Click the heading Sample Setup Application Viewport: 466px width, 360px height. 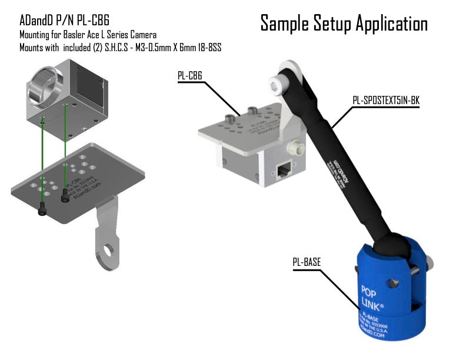pyautogui.click(x=344, y=24)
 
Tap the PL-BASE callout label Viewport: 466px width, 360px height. pyautogui.click(x=307, y=262)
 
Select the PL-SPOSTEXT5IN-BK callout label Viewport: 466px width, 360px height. pyautogui.click(x=385, y=100)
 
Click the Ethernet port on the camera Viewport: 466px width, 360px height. pyautogui.click(x=285, y=169)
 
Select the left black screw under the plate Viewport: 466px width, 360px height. pyautogui.click(x=42, y=208)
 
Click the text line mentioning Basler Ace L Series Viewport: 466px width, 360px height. pyautogui.click(x=88, y=35)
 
